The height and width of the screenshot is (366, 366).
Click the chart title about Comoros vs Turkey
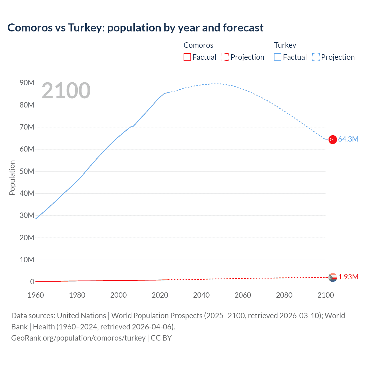point(135,28)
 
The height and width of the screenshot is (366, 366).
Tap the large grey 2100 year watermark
point(66,91)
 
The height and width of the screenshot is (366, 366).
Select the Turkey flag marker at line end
point(333,140)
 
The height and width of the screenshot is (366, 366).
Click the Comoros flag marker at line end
point(333,277)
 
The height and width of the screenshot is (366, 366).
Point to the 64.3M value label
point(348,139)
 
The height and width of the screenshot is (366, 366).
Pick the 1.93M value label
point(348,277)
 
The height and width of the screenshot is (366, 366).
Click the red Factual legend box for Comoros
point(187,57)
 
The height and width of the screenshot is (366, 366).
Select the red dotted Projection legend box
point(225,57)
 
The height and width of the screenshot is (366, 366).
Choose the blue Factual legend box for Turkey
point(278,57)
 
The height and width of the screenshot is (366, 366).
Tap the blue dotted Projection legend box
point(316,57)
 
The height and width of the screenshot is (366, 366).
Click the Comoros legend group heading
point(198,45)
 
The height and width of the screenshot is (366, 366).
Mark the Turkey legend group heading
point(285,45)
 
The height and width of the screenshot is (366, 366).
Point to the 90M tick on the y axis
point(27,83)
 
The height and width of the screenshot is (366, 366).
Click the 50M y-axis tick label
point(27,171)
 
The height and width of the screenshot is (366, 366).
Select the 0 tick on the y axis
point(32,282)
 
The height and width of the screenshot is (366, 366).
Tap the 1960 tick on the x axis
point(36,295)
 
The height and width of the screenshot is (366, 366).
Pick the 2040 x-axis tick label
point(201,295)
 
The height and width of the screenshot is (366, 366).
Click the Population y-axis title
point(12,178)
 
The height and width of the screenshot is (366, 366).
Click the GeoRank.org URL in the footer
point(78,338)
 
